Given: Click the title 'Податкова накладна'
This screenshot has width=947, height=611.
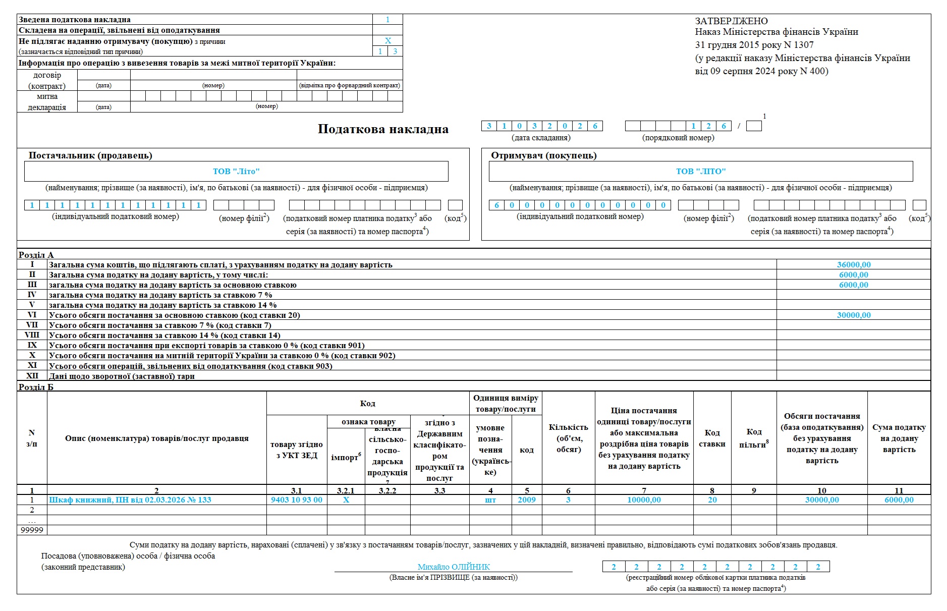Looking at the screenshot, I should pos(383,129).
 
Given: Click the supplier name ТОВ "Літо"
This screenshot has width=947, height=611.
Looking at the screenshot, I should pos(236,171).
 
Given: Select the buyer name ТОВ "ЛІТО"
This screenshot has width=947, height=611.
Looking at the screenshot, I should pos(701,171).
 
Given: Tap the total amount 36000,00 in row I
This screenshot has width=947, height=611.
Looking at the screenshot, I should pos(854,264).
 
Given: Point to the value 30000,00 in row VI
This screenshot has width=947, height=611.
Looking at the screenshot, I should pos(854,315).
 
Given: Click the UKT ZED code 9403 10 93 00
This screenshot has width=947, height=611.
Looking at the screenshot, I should pos(297,499).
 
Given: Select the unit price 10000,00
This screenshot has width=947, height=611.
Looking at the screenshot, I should pos(644,499).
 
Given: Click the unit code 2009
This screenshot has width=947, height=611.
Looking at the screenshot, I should pos(527,499).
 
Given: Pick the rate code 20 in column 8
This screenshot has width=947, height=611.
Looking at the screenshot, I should pos(712,499).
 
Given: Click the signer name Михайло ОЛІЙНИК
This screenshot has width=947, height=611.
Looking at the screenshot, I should pos(454,567).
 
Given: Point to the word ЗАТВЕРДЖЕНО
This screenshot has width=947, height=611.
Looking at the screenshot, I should pos(731,21).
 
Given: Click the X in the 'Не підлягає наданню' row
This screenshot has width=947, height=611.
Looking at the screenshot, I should pos(388,41).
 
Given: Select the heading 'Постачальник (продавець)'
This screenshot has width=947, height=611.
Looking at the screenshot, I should pos(90,155).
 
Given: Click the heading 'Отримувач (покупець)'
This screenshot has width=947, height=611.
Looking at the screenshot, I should pos(544,155).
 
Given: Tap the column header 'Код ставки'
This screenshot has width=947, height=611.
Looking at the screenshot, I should pos(712,438).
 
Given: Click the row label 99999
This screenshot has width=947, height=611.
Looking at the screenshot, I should pos(32,530).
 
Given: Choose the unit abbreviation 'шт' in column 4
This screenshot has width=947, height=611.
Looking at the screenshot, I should pos(490,499).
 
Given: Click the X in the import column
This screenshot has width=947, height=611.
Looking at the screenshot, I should pos(346,499).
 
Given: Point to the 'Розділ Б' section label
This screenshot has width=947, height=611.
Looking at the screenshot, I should pos(36,387).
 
